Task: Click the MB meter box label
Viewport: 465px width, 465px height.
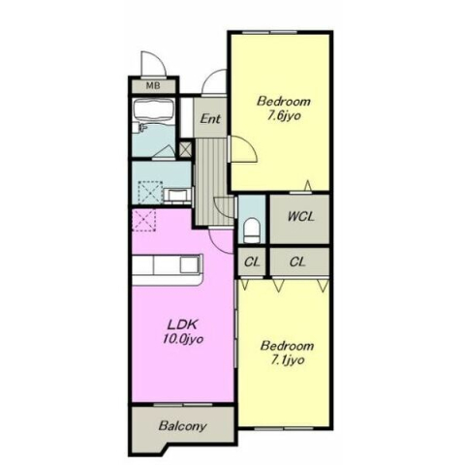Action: pyautogui.click(x=152, y=86)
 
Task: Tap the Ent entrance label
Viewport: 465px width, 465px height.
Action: pyautogui.click(x=210, y=119)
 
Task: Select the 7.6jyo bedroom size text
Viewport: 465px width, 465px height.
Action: pyautogui.click(x=283, y=116)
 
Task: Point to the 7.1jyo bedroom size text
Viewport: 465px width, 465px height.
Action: pyautogui.click(x=287, y=360)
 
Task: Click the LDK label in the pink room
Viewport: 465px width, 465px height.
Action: pyautogui.click(x=183, y=324)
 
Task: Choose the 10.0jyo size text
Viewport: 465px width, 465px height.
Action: pyautogui.click(x=183, y=339)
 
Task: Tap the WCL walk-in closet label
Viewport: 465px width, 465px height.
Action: pyautogui.click(x=300, y=216)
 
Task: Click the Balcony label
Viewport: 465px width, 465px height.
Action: pyautogui.click(x=182, y=426)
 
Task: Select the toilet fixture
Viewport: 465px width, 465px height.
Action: pyautogui.click(x=252, y=231)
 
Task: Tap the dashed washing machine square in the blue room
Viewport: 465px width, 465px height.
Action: pyautogui.click(x=150, y=193)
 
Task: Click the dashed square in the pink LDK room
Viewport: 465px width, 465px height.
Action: pyautogui.click(x=144, y=220)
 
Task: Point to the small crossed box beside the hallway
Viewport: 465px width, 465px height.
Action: pyautogui.click(x=185, y=149)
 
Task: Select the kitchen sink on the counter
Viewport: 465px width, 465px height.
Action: pyautogui.click(x=188, y=264)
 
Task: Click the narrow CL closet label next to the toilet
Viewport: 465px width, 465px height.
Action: pyautogui.click(x=252, y=262)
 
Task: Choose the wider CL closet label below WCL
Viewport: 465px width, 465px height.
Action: pyautogui.click(x=297, y=262)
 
